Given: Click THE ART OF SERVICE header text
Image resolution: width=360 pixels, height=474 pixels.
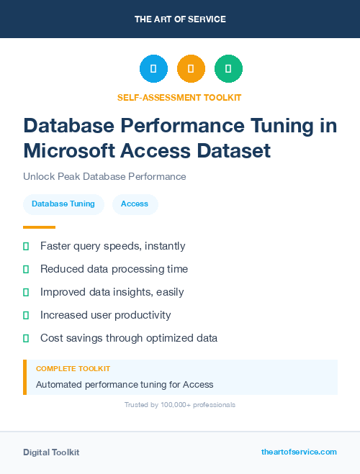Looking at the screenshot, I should coord(180,19).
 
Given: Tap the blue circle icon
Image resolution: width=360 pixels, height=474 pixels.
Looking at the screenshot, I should coord(153,69).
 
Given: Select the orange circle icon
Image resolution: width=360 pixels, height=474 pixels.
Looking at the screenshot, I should coord(191,69).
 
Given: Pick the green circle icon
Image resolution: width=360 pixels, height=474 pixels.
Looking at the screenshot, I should coord(228,69).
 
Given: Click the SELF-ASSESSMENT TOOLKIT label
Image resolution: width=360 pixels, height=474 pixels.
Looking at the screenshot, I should coord(180,97).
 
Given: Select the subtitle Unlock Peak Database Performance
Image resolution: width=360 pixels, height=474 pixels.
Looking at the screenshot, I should coord(104,176).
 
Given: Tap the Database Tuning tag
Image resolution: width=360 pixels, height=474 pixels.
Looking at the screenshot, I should coord(63,204).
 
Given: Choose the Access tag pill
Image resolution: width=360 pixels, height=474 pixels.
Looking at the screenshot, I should coord(135,204).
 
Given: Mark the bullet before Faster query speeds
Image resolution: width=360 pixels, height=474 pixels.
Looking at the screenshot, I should coord(26,246).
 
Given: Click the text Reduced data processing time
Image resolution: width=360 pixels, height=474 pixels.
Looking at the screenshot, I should coord(114,269).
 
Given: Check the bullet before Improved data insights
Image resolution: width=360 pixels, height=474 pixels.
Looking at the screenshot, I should coord(26,292).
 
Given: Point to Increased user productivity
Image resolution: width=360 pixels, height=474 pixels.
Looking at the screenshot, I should coord(105,315).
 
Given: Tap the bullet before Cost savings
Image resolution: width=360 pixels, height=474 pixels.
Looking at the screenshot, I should coord(26,338).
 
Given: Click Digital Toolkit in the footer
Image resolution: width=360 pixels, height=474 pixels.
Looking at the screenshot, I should coord(51,452).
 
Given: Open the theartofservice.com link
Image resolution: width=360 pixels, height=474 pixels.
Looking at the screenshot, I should coord(299,452).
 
